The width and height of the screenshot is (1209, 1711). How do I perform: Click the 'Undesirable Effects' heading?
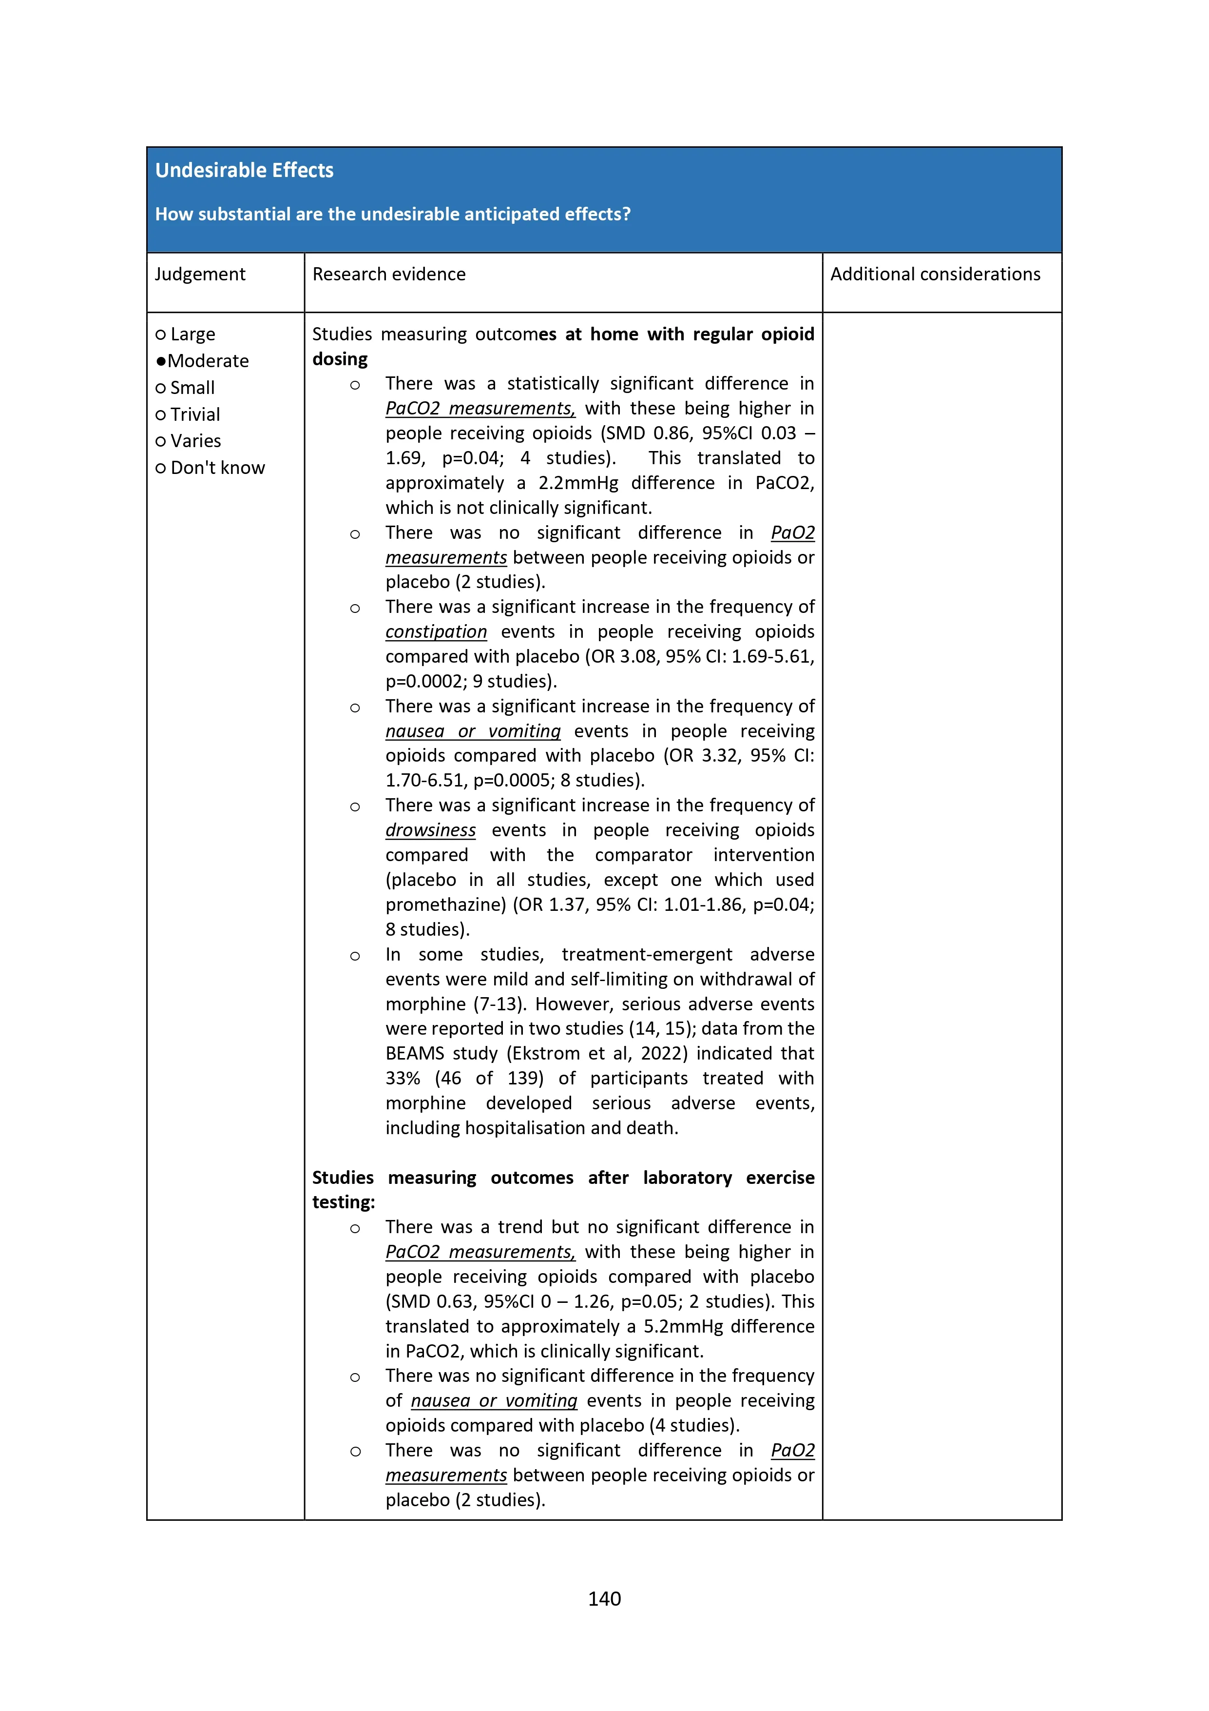[244, 171]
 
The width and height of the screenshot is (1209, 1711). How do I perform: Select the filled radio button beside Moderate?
[160, 361]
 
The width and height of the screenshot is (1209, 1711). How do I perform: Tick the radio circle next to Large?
[160, 334]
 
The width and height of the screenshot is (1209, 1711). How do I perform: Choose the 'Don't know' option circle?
[160, 468]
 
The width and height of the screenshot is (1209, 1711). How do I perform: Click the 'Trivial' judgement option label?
[195, 414]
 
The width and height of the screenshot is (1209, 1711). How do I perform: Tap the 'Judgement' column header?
[200, 274]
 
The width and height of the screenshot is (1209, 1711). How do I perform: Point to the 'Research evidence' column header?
[389, 274]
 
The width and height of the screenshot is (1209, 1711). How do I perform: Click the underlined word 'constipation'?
[436, 632]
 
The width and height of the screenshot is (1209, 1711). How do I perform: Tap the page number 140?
[604, 1598]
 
